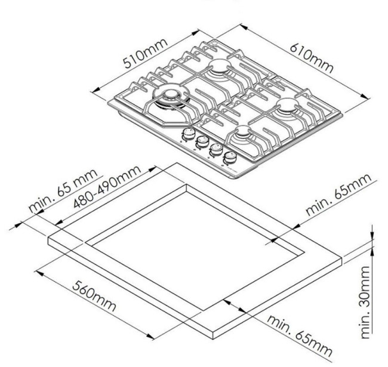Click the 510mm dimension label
tap(145, 53)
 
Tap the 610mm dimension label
tap(312, 58)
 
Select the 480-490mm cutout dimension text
tap(107, 186)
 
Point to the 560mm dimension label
tap(94, 296)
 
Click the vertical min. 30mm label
tap(365, 302)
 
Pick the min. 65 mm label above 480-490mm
tap(63, 190)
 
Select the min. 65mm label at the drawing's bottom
tap(300, 335)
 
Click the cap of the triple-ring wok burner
tap(170, 94)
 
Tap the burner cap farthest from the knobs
tap(219, 64)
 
